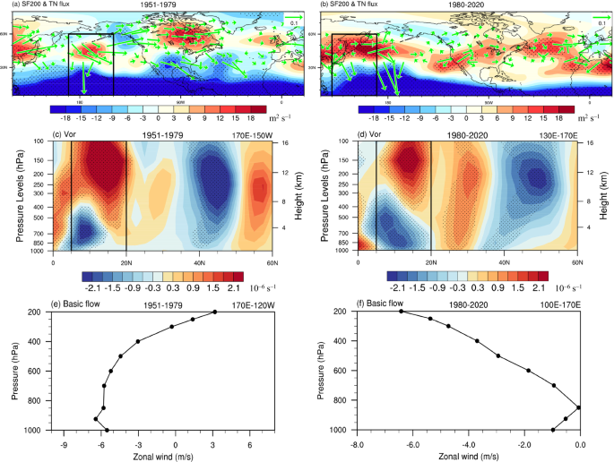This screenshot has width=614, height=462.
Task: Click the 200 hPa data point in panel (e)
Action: [x=215, y=312]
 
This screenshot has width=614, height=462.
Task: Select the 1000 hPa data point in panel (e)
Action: [x=107, y=431]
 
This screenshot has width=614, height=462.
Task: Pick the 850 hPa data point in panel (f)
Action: [x=579, y=407]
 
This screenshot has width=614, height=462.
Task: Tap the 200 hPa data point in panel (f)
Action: [x=402, y=312]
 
